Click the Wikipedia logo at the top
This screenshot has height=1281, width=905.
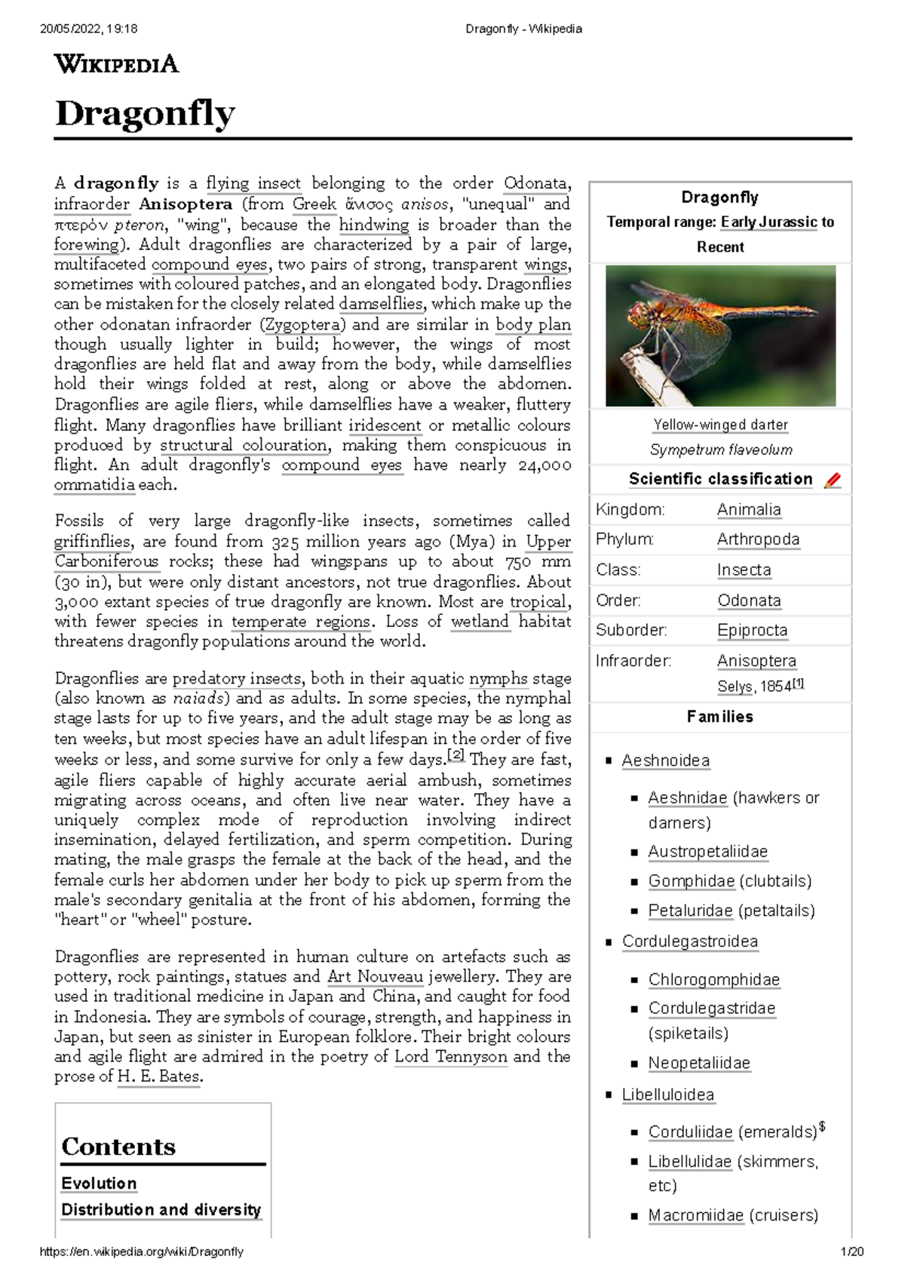click(x=116, y=63)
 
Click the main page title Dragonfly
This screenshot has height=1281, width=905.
click(x=145, y=114)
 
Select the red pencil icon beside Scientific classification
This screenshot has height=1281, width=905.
click(x=832, y=480)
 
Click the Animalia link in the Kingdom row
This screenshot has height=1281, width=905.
click(x=748, y=510)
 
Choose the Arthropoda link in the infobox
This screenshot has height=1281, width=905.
click(x=757, y=539)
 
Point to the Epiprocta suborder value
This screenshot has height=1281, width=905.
click(x=752, y=630)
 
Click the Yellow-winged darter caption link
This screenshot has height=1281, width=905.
click(x=720, y=425)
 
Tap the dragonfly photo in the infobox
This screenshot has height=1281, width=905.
click(x=720, y=336)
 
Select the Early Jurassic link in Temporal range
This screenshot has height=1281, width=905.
click(x=768, y=222)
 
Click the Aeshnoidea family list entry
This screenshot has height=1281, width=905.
click(x=665, y=760)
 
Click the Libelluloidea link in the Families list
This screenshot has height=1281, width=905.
click(x=667, y=1095)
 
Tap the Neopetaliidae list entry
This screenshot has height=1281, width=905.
click(x=699, y=1063)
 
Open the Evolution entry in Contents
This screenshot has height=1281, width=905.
click(x=99, y=1183)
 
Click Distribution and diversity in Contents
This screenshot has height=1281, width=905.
click(x=161, y=1209)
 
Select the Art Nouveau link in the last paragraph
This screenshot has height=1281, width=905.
click(x=376, y=976)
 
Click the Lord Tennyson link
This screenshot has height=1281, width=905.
click(x=450, y=1056)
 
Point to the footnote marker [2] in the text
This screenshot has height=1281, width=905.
click(x=456, y=755)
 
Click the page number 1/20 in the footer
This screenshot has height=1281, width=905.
click(x=851, y=1252)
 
